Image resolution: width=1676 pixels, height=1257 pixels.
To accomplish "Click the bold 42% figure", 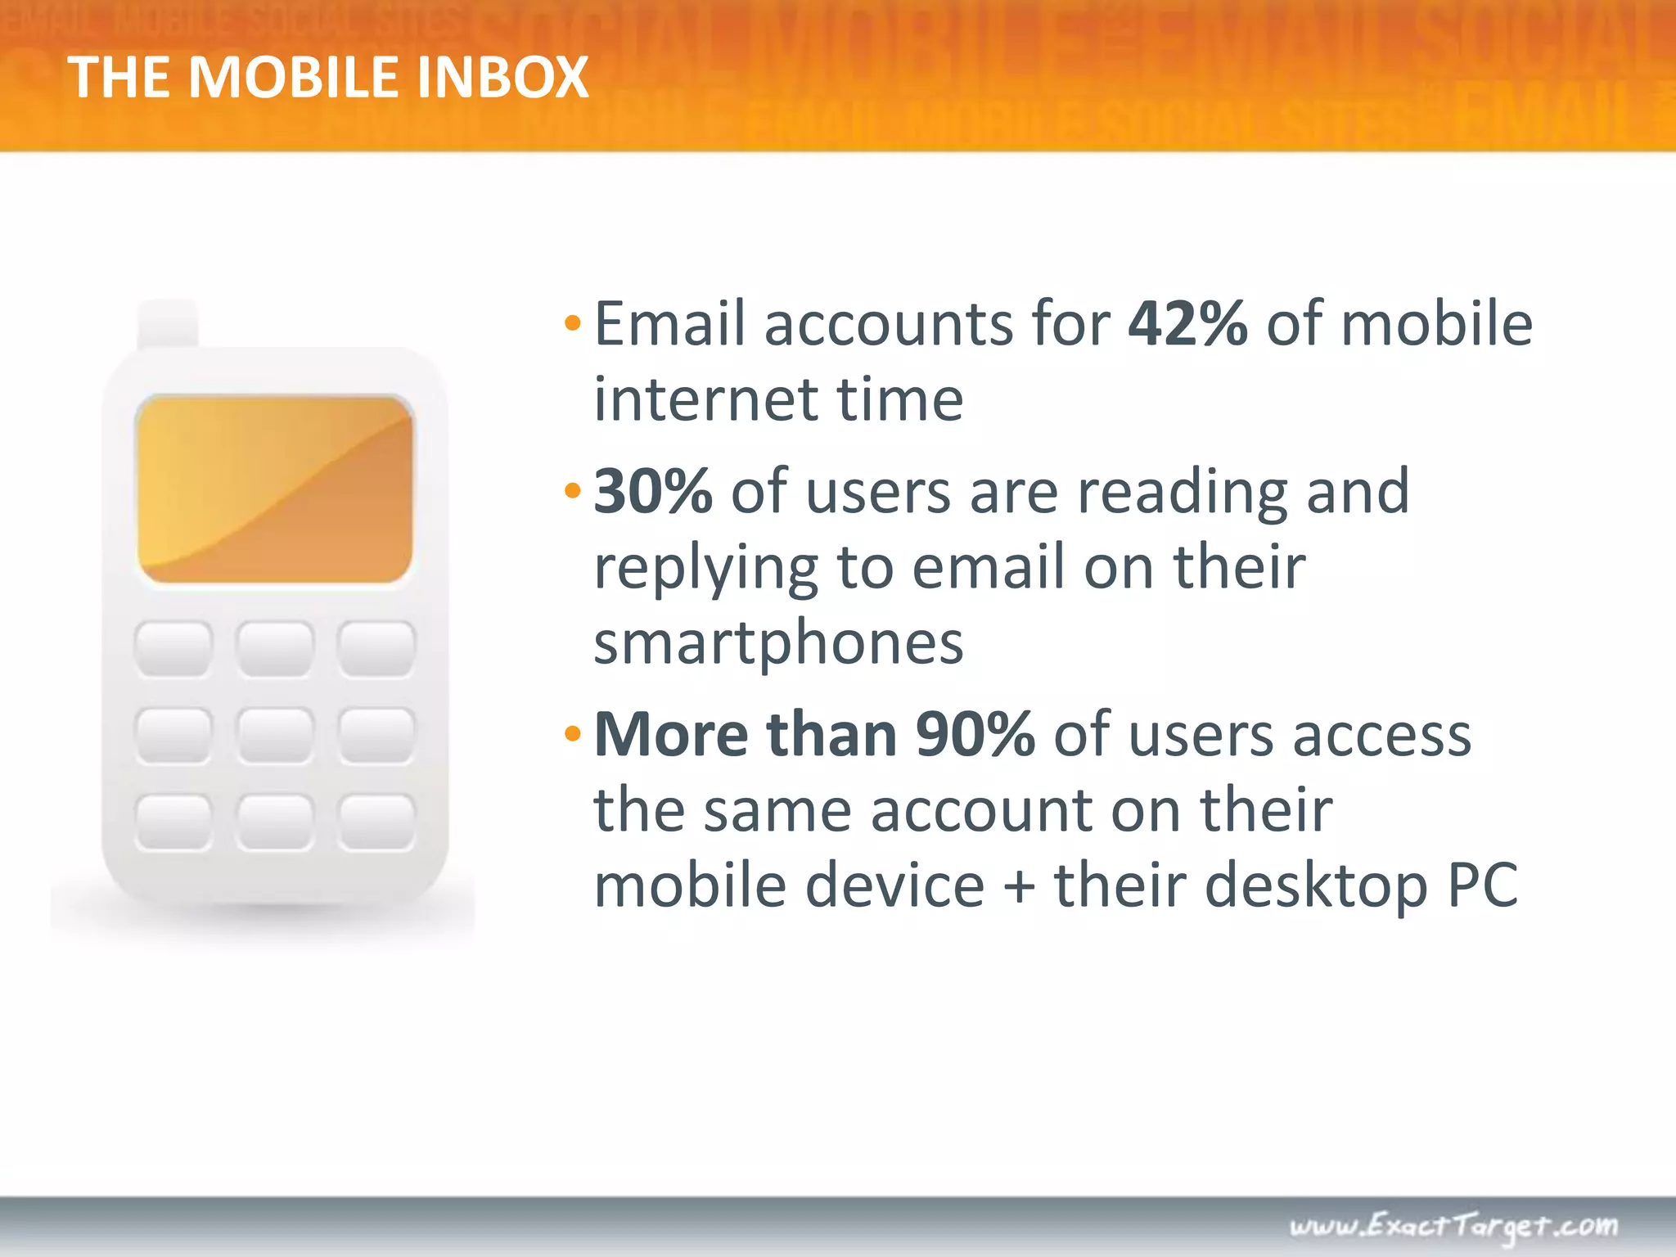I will coord(1187,324).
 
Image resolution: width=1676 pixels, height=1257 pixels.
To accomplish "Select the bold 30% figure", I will coord(652,492).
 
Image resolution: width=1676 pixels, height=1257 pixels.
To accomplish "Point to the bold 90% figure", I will coord(975,734).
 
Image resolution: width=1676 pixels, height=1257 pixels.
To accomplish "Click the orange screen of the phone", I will coord(274,489).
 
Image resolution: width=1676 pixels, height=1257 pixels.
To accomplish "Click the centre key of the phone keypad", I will coord(274,735).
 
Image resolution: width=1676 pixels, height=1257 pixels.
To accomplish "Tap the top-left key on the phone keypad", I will coord(173,648).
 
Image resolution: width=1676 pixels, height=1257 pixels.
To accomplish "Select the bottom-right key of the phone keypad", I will coord(376,821).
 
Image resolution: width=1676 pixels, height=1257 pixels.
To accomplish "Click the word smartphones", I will coord(778,643).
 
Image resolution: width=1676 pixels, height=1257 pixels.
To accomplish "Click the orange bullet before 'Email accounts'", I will coord(572,324).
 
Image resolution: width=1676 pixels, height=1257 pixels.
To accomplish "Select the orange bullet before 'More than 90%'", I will coord(572,734).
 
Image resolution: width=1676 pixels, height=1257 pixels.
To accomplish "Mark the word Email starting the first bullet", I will coord(669,324).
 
